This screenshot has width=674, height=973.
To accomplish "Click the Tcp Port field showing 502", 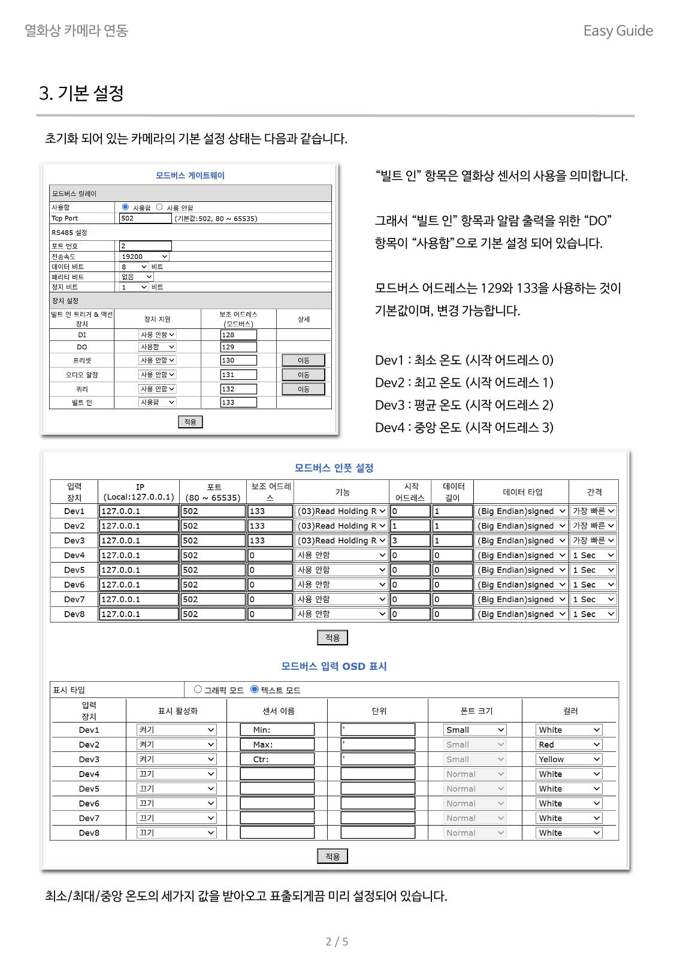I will (145, 218).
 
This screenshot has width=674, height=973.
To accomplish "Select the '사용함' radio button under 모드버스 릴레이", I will (125, 207).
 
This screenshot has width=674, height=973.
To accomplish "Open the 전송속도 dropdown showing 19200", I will (144, 256).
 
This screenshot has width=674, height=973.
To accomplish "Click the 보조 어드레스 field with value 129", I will (238, 347).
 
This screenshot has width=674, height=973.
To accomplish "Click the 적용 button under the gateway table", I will (191, 422).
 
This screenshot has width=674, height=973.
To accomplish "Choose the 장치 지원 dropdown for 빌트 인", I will (158, 403).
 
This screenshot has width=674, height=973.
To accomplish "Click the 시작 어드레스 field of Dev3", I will (410, 540).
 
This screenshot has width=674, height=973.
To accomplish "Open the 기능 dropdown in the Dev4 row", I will (341, 555).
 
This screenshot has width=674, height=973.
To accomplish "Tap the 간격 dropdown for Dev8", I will (593, 614).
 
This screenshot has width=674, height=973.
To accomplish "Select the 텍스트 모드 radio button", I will (255, 690).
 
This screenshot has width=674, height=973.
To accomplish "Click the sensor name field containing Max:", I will (277, 745).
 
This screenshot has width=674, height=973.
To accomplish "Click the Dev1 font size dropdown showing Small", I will (475, 730).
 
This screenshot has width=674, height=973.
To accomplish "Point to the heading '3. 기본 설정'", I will (81, 93).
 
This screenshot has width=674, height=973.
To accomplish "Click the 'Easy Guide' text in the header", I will (618, 31).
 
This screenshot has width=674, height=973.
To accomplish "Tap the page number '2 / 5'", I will (337, 942).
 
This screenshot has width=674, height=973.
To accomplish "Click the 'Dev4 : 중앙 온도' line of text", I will (464, 427).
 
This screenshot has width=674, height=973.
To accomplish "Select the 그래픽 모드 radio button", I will (198, 690).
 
